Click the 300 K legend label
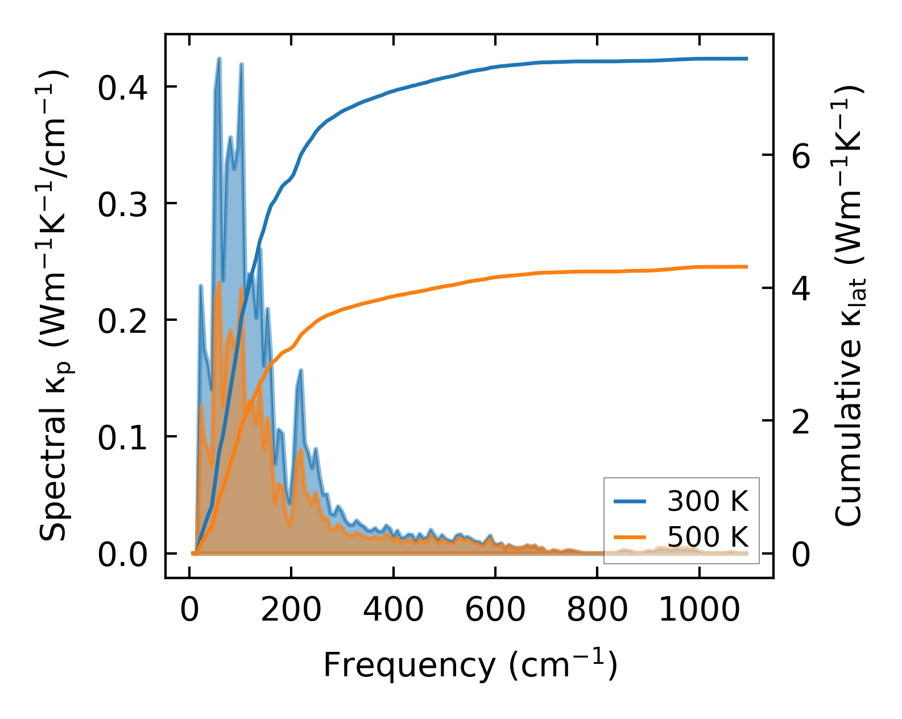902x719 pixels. pos(707,501)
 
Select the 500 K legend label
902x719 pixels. pos(707,537)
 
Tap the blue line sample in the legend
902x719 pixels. pos(630,501)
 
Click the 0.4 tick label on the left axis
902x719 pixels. pos(122,88)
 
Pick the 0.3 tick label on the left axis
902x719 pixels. pos(122,205)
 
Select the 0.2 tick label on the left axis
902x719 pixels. pos(122,321)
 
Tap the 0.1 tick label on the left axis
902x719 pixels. pos(122,438)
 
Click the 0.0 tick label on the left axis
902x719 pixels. pos(122,555)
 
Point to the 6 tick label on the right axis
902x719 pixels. pos(801,156)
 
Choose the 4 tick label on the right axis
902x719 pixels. pos(801,289)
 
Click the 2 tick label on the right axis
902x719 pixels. pos(801,422)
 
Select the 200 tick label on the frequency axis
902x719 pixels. pos(291,610)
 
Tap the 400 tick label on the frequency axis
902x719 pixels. pos(393,610)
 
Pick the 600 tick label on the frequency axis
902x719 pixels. pos(495,610)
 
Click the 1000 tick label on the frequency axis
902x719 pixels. pos(699,610)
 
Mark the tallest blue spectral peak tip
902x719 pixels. pos(219,59)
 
